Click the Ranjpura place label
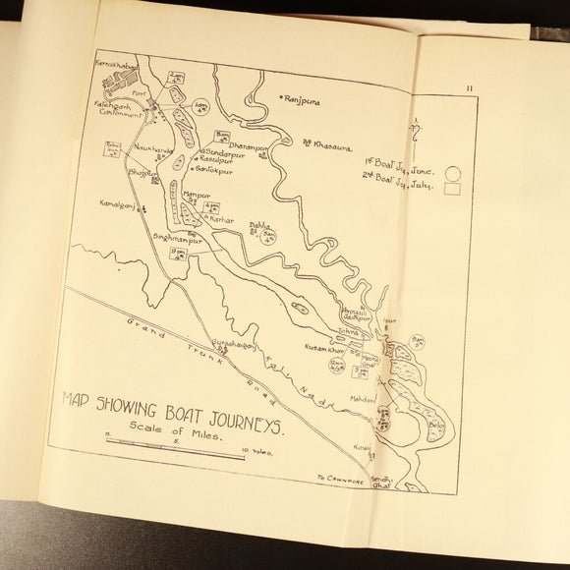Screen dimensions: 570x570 (x=307, y=99)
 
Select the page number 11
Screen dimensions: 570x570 (x=472, y=88)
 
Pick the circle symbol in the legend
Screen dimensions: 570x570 (x=453, y=168)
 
